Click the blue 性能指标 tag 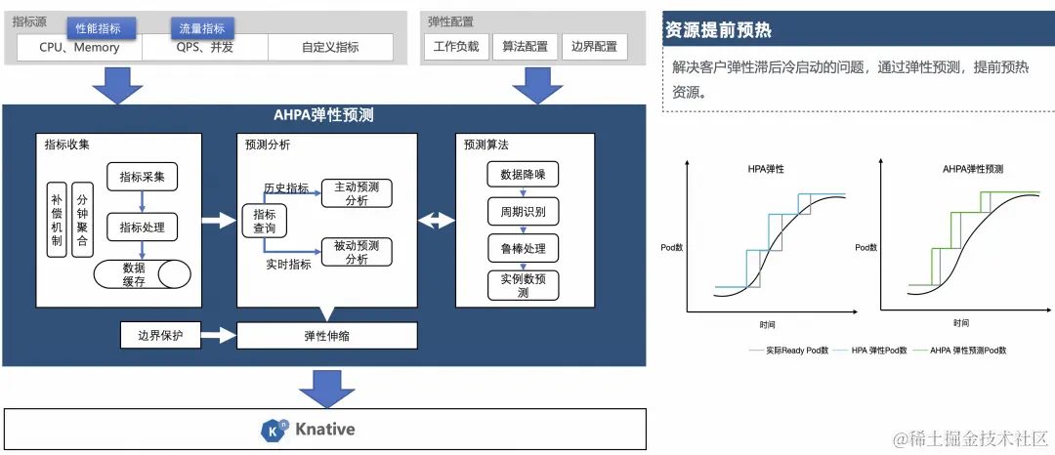[x=99, y=28]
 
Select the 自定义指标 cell [x=330, y=47]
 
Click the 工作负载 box [x=456, y=47]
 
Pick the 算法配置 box [x=526, y=47]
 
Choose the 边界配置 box [x=594, y=47]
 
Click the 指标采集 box [x=142, y=177]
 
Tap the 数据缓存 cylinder [x=142, y=274]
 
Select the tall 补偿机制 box [x=57, y=220]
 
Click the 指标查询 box [x=264, y=222]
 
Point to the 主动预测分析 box [x=357, y=192]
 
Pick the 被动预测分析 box [x=357, y=252]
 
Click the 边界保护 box [x=160, y=336]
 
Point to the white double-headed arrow [x=436, y=222]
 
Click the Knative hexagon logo [x=273, y=430]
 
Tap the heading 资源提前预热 [x=718, y=30]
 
